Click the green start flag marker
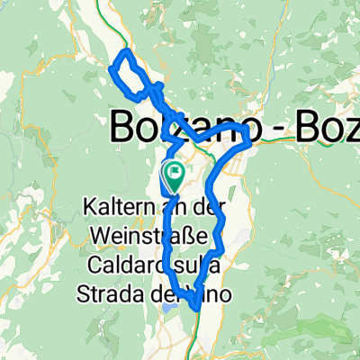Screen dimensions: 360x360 [x=172, y=171]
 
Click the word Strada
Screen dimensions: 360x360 [x=119, y=294]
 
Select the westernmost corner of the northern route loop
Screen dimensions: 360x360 [x=111, y=67]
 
